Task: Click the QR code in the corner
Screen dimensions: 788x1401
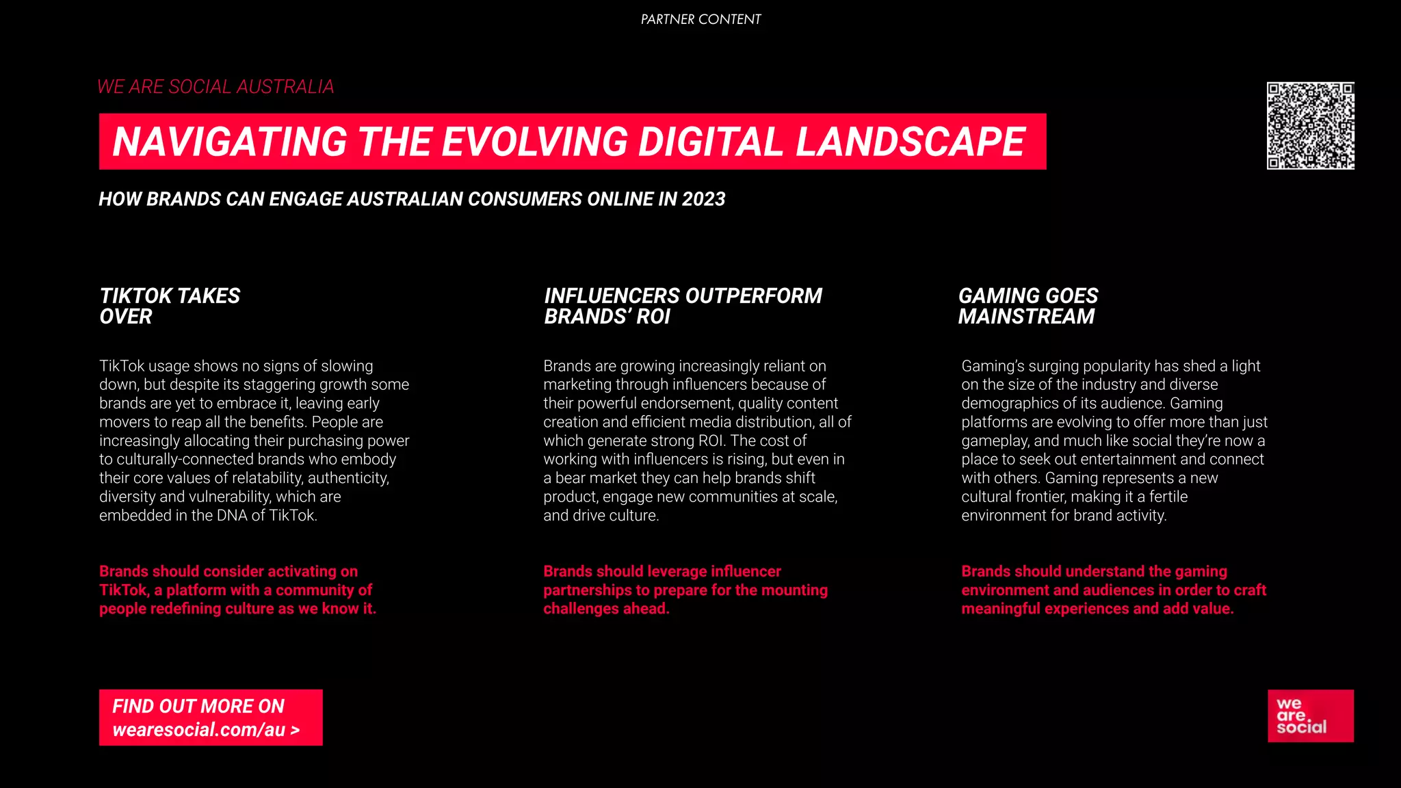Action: coord(1310,126)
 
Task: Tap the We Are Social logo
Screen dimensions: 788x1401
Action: coord(1310,715)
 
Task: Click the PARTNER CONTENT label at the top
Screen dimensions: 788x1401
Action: coord(700,20)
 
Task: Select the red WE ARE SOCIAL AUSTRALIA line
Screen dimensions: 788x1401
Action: coord(215,87)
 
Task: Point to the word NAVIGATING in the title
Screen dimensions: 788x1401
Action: coord(230,142)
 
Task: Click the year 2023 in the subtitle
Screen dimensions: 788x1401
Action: coord(703,199)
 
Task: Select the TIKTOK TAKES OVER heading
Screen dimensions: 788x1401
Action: coord(170,306)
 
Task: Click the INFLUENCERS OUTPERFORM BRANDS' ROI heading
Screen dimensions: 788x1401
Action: coord(683,306)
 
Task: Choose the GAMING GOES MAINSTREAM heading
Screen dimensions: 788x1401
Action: coord(1027,306)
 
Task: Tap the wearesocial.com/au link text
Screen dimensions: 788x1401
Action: coord(205,730)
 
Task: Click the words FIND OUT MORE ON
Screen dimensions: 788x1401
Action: coord(198,706)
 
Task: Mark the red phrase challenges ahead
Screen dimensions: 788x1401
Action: coord(606,609)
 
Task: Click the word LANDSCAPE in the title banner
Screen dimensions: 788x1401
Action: coord(910,142)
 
